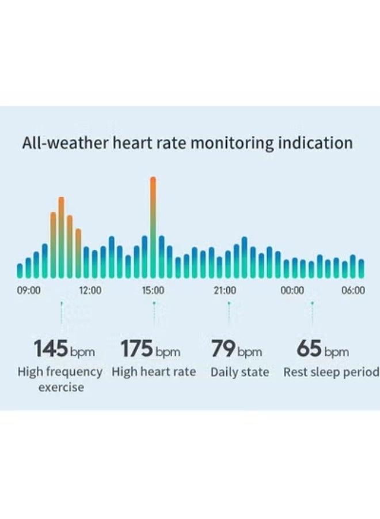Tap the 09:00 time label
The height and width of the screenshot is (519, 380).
click(28, 290)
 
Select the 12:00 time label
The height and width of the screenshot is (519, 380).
click(90, 290)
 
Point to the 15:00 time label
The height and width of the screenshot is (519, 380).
click(153, 290)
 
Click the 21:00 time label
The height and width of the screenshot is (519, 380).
click(225, 290)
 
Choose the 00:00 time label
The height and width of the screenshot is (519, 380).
click(292, 290)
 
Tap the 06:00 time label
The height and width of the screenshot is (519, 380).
click(353, 290)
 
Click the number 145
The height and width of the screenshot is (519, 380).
click(51, 349)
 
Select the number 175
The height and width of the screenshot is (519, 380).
click(136, 349)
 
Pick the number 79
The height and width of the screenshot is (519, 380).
click(222, 349)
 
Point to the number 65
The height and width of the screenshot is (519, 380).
click(309, 349)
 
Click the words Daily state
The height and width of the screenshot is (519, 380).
click(240, 372)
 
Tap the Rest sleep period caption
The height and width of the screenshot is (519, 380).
click(330, 372)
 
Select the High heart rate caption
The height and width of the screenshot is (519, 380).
click(154, 372)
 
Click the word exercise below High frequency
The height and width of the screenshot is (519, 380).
click(61, 387)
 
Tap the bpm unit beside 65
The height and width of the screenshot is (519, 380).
click(336, 352)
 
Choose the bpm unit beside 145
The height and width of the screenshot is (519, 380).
click(82, 352)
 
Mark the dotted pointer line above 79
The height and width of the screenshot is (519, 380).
click(229, 314)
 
